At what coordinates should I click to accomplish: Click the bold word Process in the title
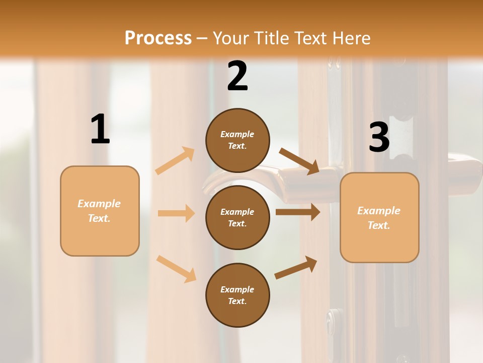[158, 38]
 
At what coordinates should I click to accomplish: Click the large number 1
[100, 129]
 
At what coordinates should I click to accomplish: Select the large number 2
[237, 76]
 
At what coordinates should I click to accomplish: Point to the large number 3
[379, 137]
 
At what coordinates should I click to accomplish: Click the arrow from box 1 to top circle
[175, 160]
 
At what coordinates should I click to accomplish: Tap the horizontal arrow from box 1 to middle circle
[176, 213]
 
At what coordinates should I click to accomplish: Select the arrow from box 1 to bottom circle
[176, 268]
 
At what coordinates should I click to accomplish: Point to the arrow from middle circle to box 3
[298, 212]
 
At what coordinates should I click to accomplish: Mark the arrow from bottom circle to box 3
[296, 267]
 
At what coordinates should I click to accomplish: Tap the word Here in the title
[353, 38]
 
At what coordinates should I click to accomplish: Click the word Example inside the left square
[99, 204]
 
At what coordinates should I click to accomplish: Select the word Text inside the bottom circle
[236, 301]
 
